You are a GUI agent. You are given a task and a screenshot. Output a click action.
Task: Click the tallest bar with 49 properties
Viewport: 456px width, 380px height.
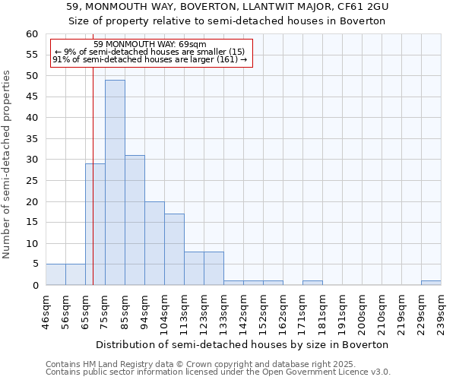pos(115,182)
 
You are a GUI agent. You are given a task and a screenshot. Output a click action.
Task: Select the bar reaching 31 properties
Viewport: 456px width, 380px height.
pos(135,220)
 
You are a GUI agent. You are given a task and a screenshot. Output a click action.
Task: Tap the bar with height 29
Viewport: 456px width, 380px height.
pos(95,224)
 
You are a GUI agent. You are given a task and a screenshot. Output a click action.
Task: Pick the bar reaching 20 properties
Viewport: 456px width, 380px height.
pos(154,243)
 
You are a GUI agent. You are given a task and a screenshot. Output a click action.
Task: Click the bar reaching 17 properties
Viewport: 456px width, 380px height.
pos(174,249)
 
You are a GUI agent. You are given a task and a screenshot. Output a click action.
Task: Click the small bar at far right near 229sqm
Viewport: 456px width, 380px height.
pos(431,283)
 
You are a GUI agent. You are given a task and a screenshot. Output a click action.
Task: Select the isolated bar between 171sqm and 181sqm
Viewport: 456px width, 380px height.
pos(312,283)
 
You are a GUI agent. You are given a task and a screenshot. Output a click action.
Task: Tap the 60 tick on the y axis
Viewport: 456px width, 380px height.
pos(31,34)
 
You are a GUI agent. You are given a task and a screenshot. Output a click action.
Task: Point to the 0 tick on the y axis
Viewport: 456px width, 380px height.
pos(34,286)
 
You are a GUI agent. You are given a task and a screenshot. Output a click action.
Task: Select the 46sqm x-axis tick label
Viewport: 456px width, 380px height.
pos(46,312)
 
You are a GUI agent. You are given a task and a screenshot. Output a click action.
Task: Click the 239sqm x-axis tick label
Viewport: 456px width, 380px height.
pos(441,312)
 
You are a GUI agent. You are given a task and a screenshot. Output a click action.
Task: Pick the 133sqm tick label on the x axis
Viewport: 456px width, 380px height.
pos(223,312)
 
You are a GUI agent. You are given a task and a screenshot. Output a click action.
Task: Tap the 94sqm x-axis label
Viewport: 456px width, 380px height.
pos(145,312)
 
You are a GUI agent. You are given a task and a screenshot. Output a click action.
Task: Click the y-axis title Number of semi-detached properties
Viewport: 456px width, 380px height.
pos(8,164)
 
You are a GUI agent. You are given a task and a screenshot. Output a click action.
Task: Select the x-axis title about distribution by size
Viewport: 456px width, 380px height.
pos(242,344)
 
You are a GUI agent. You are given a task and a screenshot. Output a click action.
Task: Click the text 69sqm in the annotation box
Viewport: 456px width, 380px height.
pos(193,44)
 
